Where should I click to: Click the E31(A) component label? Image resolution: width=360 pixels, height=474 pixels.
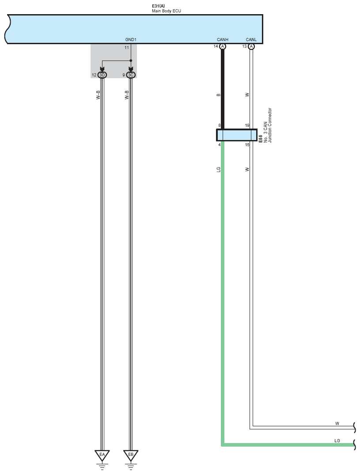pos(159,6)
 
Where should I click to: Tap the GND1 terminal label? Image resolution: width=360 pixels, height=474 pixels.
pos(131,40)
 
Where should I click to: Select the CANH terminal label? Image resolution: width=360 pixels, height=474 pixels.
pos(223,40)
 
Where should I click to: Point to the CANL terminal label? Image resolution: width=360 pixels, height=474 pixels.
pos(251,40)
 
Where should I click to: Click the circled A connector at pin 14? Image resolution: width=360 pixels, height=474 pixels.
pos(223,46)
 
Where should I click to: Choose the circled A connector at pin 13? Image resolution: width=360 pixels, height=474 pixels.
pos(251,46)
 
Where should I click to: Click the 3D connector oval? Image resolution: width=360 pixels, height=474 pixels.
pos(102,75)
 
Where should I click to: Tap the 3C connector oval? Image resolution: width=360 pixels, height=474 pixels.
pos(131,75)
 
